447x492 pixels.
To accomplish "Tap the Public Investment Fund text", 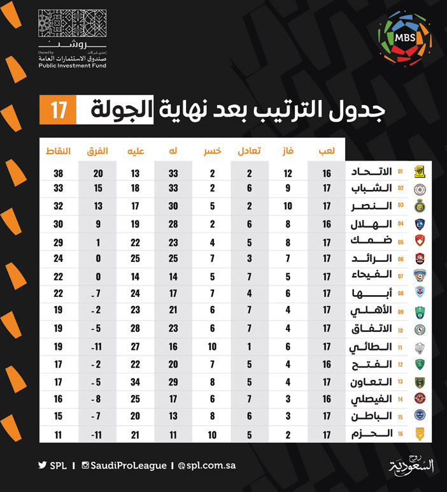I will click(x=72, y=65).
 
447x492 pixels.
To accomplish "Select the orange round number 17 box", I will click(x=58, y=110).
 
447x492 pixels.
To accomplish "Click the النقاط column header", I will click(x=59, y=152).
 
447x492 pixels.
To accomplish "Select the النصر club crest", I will click(x=419, y=206).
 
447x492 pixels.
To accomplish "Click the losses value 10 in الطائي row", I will click(x=212, y=347).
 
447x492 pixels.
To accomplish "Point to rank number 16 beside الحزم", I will click(x=401, y=434).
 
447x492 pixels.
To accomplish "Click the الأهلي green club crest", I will click(x=419, y=312).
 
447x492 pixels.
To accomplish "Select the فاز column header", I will click(x=288, y=152).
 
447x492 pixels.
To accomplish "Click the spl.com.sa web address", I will click(x=208, y=465).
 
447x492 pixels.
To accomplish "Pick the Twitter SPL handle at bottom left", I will click(x=52, y=465).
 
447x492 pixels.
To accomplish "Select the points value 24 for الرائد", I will click(x=59, y=259).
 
